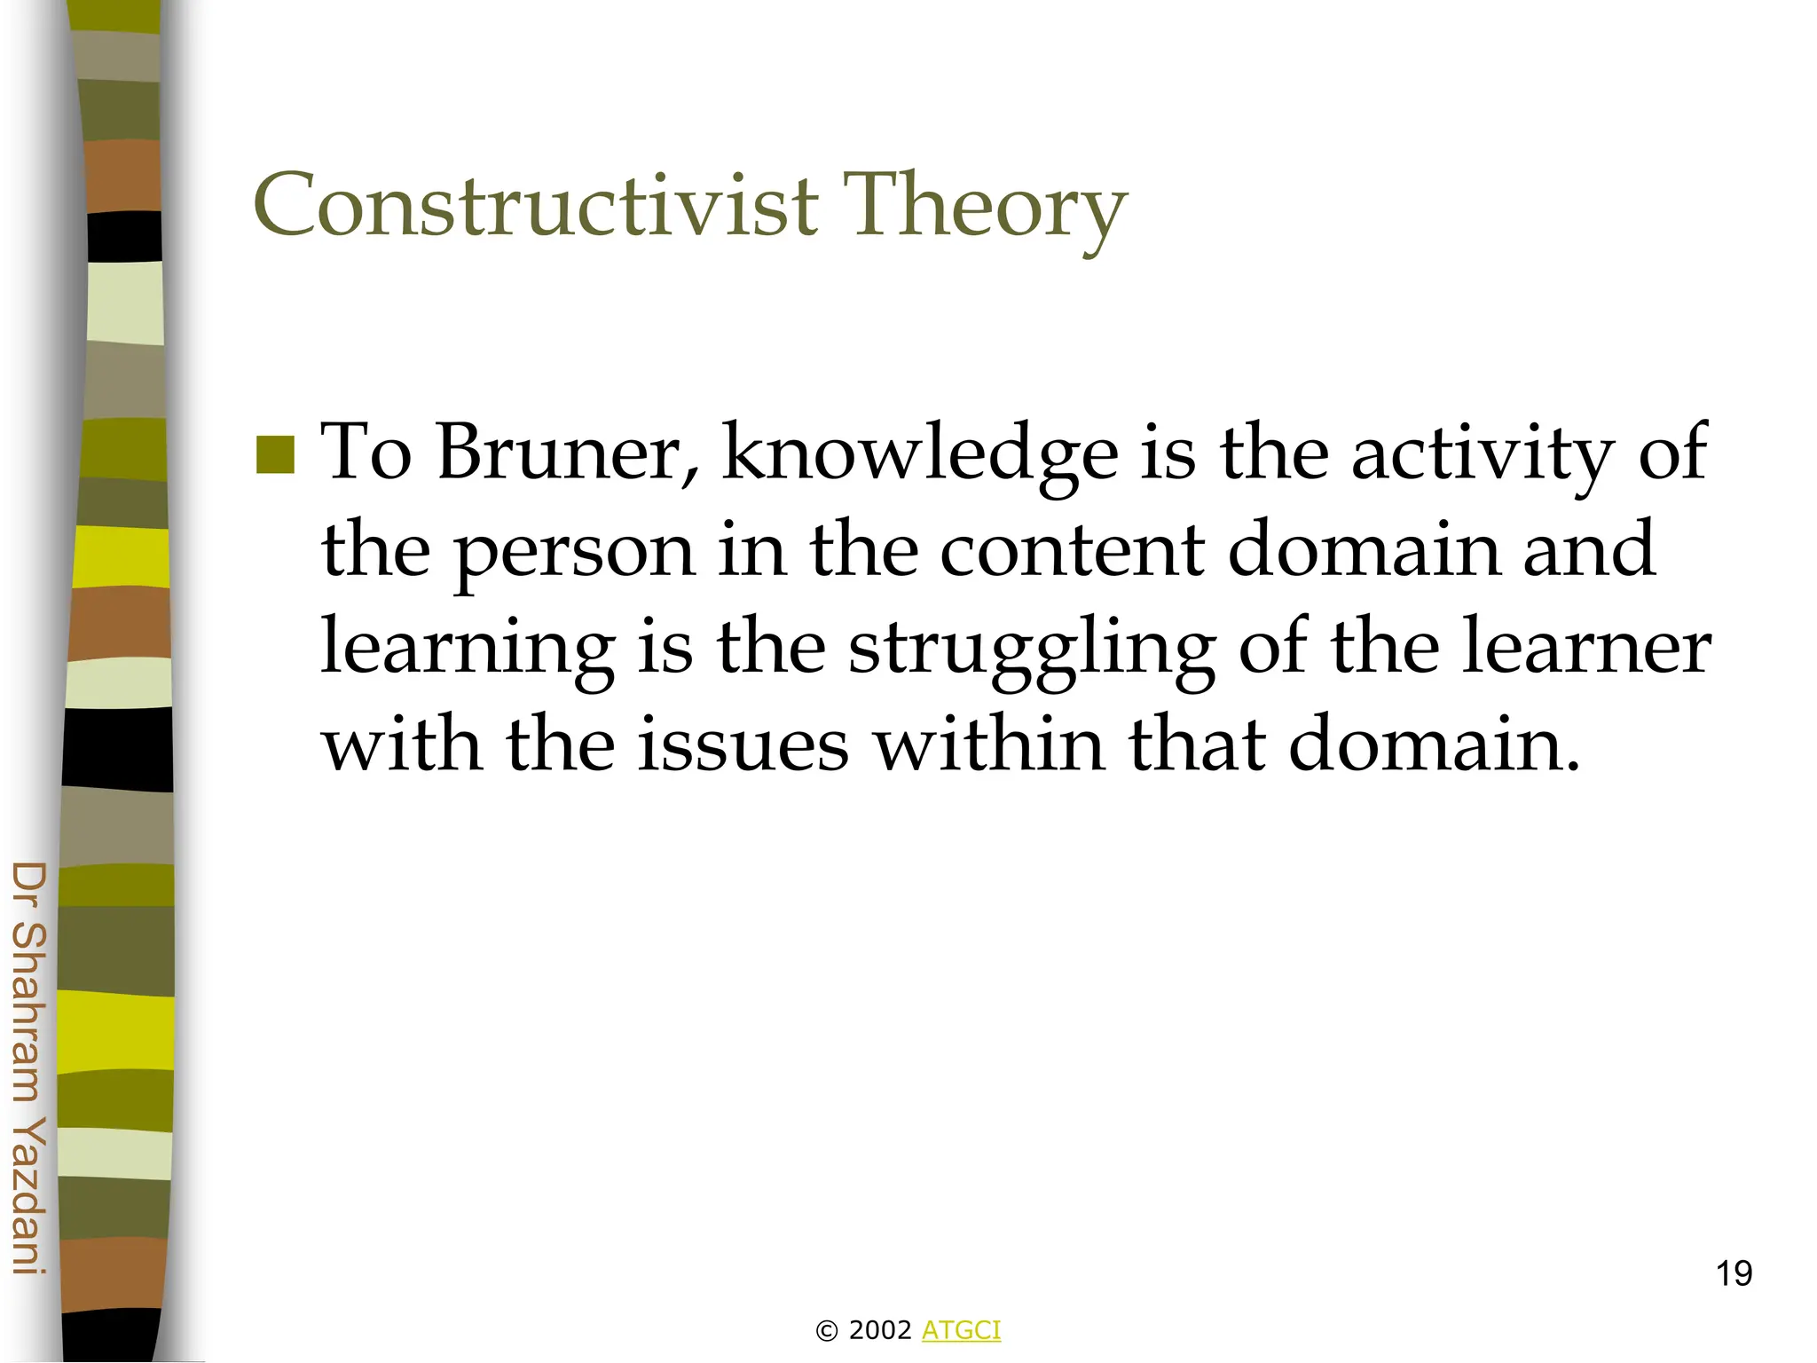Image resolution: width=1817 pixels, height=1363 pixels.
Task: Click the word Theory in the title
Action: coord(984,206)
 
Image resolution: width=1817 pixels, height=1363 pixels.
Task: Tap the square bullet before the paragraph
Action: coord(275,455)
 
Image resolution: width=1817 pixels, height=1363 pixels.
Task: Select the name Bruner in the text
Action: coord(568,453)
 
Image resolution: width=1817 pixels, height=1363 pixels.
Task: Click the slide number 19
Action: coord(1733,1273)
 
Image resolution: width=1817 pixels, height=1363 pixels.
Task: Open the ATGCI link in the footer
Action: coord(961,1330)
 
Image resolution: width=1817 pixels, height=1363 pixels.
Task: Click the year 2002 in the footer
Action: coord(880,1330)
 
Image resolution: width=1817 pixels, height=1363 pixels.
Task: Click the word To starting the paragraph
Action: coord(366,453)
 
